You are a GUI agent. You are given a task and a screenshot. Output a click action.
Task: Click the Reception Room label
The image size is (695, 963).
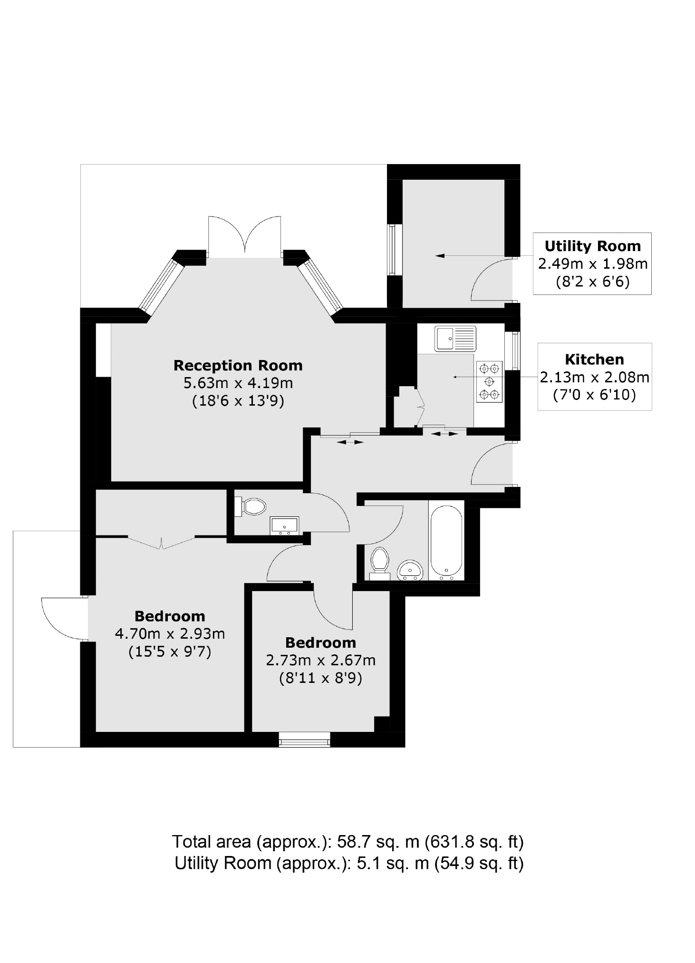coord(238,365)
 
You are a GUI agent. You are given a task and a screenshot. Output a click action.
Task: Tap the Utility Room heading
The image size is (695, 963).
coord(592,246)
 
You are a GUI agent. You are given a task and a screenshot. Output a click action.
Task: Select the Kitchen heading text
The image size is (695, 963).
coord(594,359)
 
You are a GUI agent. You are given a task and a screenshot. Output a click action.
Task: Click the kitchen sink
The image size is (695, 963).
coord(454,338)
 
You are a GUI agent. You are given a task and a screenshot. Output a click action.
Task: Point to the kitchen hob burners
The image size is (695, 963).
coord(489,381)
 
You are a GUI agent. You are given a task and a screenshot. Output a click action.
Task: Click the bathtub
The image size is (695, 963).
coord(446,540)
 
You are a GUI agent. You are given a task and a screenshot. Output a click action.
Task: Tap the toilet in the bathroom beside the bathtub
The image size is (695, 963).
coord(379,563)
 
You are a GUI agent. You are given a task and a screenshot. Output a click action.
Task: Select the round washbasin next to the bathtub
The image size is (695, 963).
coord(409,570)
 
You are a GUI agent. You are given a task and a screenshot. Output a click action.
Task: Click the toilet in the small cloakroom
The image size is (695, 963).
coord(251,506)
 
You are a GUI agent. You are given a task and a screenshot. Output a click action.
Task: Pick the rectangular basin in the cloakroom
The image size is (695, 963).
coord(284,525)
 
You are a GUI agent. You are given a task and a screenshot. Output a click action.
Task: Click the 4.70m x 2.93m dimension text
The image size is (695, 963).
coord(170,633)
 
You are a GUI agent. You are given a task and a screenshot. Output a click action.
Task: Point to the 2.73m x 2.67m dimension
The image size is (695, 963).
coord(320,660)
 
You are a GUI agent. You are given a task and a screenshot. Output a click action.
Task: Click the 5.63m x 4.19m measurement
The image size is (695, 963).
coord(238,383)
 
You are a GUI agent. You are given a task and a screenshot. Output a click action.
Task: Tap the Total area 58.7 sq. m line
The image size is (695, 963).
coord(347,842)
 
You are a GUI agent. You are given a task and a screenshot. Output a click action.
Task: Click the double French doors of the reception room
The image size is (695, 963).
coord(244,236)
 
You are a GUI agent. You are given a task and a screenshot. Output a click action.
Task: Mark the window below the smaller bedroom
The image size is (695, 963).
coord(304,739)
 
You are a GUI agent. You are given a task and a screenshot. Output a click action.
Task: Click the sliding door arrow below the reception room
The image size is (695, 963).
coord(350,442)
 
